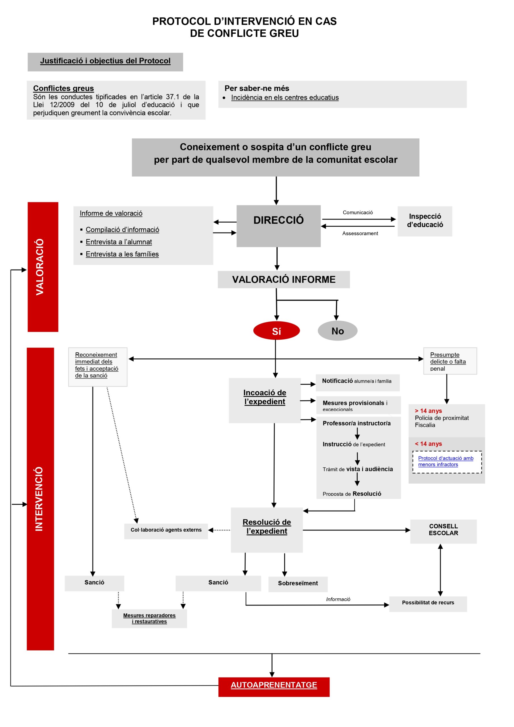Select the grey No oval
pyautogui.click(x=338, y=331)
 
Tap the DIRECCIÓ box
pyautogui.click(x=278, y=226)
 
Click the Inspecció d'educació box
pyautogui.click(x=425, y=221)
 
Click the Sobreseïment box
pyautogui.click(x=298, y=583)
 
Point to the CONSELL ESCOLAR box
pyautogui.click(x=443, y=530)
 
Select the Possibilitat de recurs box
pyautogui.click(x=428, y=603)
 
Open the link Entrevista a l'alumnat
pyautogui.click(x=119, y=242)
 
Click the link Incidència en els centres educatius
pyautogui.click(x=285, y=97)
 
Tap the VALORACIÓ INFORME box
pyautogui.click(x=284, y=279)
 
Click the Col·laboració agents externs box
pyautogui.click(x=166, y=530)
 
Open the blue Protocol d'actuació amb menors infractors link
pyautogui.click(x=446, y=461)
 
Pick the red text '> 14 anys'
pyautogui.click(x=428, y=411)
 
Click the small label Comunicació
pyautogui.click(x=358, y=212)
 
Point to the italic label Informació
pyautogui.click(x=338, y=599)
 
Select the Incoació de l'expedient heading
pyautogui.click(x=265, y=397)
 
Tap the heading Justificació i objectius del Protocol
pyautogui.click(x=105, y=61)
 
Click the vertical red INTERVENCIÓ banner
pyautogui.click(x=40, y=499)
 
